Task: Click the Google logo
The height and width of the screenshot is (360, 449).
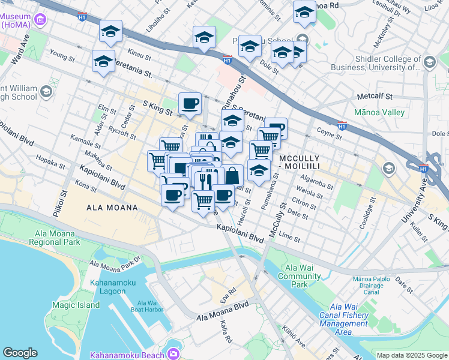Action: point(20,353)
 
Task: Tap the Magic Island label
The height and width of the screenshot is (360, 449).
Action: point(76,305)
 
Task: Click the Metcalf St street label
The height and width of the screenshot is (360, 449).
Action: point(374,96)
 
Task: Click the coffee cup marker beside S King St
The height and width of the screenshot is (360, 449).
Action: point(190,103)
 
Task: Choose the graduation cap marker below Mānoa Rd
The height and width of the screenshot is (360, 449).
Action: point(304,12)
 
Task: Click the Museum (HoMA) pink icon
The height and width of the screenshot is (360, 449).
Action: point(41,20)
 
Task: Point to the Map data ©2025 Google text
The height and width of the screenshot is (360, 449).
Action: point(411,355)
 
